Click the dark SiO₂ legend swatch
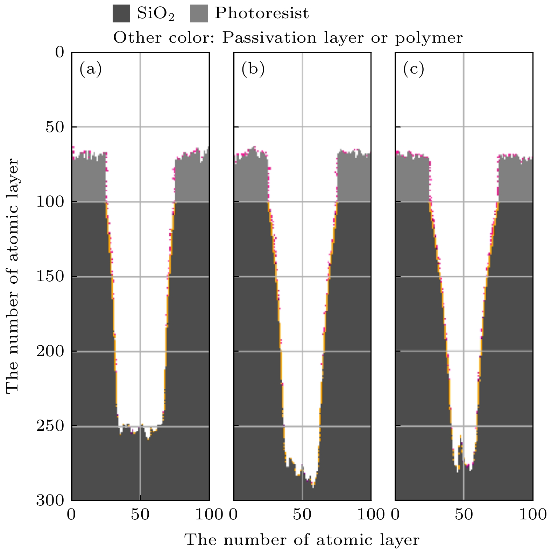121,14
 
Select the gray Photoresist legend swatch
199,14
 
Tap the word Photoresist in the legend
262,13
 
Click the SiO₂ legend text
155,14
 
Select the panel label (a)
91,69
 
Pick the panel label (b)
253,69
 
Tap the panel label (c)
414,69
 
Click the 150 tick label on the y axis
50,276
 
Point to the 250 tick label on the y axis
50,426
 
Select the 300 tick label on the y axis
50,500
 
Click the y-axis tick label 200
50,351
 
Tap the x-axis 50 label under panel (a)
140,514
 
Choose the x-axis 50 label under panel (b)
302,514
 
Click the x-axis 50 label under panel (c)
464,514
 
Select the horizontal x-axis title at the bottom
302,540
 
